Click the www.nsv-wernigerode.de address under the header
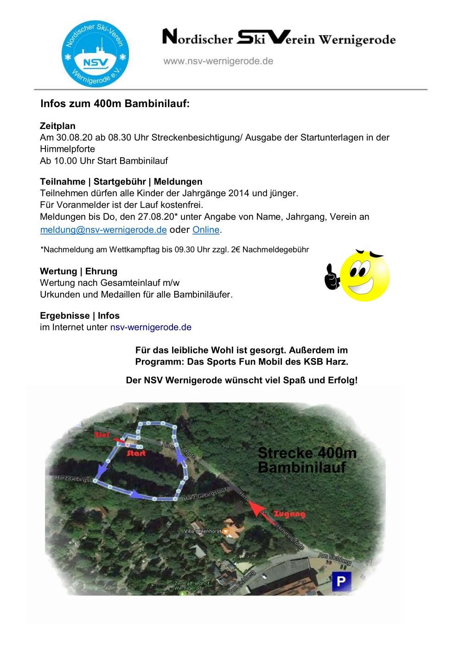pos(218,61)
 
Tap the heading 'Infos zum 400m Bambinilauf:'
pos(115,103)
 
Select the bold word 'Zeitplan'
pos(57,126)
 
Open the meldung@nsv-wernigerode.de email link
pos(103,230)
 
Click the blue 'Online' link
pos(206,230)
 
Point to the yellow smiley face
pos(365,276)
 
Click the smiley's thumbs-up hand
pos(332,277)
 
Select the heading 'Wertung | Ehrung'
pos(78,271)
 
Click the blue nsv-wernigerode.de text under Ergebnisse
pos(151,327)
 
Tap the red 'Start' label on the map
pos(136,453)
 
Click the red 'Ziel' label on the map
pos(101,435)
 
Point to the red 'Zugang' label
pos(290,514)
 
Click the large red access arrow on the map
pos(256,509)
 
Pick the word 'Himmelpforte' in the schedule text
pos(67,149)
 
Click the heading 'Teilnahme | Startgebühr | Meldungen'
pos(121,181)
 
